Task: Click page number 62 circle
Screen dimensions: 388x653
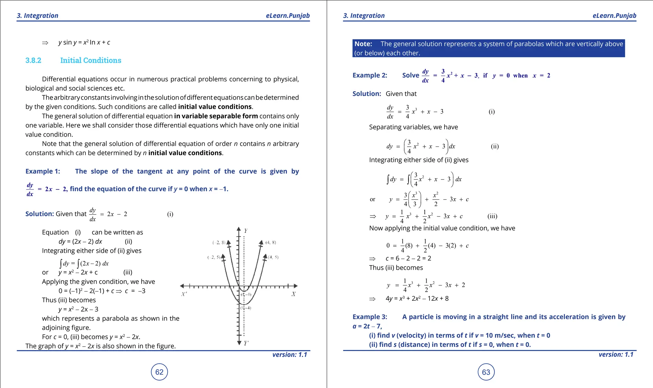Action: point(159,372)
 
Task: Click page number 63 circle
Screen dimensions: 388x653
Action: point(486,372)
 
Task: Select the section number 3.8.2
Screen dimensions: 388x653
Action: point(33,60)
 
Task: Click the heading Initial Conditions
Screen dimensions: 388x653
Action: point(91,60)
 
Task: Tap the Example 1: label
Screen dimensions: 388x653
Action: point(43,171)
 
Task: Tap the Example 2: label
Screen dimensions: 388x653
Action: point(370,75)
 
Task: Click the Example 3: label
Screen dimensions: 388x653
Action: point(370,317)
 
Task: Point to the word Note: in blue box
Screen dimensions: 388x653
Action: point(363,44)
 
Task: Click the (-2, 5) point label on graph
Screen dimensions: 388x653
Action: point(214,257)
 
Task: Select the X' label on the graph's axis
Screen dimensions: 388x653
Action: point(184,294)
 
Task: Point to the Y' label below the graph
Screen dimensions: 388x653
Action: point(246,343)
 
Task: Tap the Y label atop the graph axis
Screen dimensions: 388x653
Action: point(246,231)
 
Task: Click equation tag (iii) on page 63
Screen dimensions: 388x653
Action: point(492,216)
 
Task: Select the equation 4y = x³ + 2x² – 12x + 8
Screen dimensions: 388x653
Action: point(417,298)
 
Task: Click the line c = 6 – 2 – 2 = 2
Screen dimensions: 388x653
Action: point(408,258)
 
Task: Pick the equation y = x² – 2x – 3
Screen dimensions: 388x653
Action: point(78,309)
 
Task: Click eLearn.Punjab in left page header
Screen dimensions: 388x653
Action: point(288,16)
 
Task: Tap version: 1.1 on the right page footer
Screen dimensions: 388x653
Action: point(616,354)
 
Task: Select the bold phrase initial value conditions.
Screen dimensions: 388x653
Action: point(215,107)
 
